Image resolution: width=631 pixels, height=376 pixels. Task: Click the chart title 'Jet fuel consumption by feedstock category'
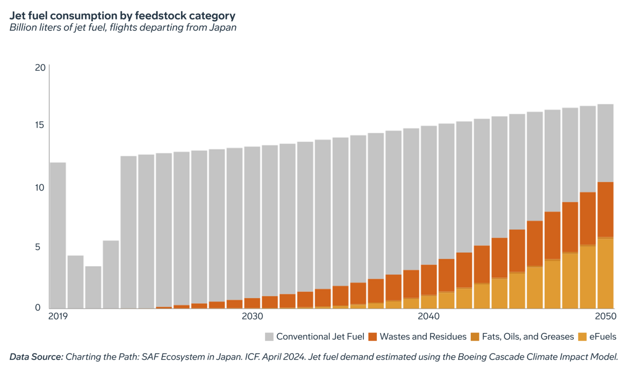coord(122,16)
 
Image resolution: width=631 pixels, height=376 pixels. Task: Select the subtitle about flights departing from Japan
coord(122,28)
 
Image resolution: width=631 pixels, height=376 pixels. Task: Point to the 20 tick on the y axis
coord(40,67)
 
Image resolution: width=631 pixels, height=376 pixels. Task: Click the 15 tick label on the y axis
coord(40,125)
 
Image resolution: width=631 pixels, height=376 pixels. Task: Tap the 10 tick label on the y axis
coord(40,187)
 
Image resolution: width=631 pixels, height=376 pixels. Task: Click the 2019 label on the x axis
coord(58,316)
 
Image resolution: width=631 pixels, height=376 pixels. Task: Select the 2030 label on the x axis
coord(252,316)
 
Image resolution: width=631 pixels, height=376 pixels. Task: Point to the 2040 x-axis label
coord(428,316)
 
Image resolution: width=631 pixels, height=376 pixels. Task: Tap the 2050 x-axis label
coord(606,316)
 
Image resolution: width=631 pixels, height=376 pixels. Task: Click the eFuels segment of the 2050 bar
coord(605,273)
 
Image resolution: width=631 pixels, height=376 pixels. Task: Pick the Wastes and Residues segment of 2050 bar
coord(605,209)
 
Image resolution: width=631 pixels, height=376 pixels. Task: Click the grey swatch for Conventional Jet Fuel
coord(269,337)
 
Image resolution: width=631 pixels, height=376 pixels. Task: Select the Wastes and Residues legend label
coord(423,337)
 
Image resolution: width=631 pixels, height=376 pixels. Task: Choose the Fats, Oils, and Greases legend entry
coord(527,337)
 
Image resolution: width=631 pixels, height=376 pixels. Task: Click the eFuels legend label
coord(603,337)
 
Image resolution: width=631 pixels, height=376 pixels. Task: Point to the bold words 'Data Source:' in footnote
coord(36,357)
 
